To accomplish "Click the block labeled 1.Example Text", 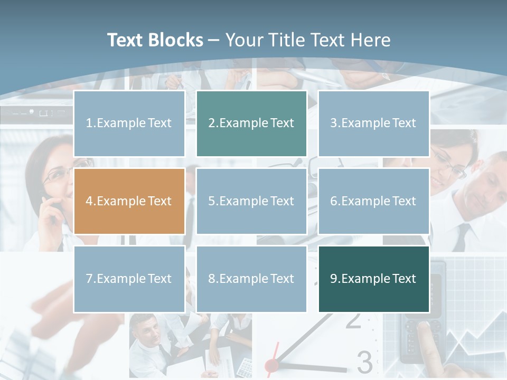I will [129, 123].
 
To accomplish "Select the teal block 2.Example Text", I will [251, 123].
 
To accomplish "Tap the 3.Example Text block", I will [373, 123].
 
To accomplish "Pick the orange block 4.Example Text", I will [129, 201].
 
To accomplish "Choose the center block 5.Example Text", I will [251, 201].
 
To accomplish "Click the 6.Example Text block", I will [373, 201].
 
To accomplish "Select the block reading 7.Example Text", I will [129, 279].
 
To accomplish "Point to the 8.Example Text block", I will [251, 279].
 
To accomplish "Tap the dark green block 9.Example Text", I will [373, 279].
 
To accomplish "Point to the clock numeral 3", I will [364, 362].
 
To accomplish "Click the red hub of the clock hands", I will [271, 364].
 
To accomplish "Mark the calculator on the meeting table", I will [245, 365].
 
